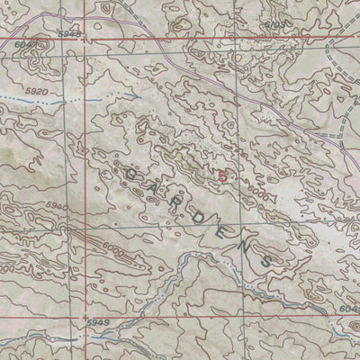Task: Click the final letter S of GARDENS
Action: coord(267,258)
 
